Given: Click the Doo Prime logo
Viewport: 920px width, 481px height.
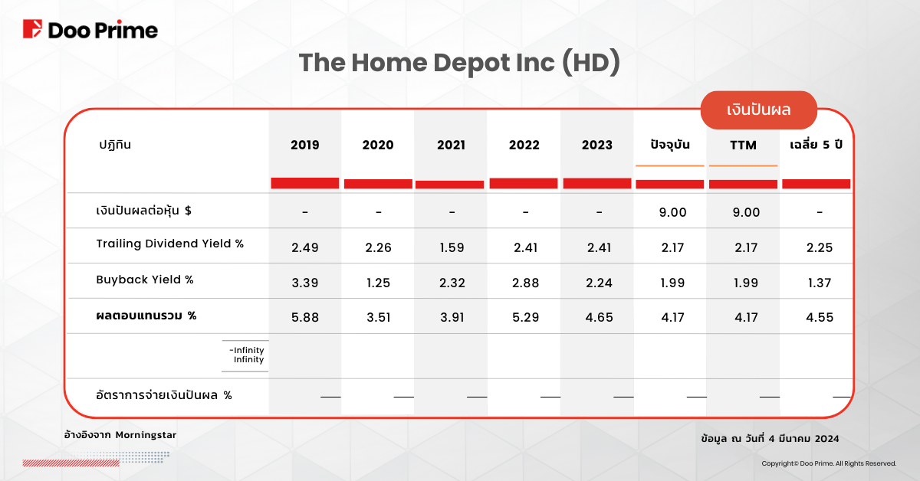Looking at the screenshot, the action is [90, 30].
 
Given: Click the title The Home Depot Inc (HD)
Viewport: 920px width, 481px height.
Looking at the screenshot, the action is [459, 63].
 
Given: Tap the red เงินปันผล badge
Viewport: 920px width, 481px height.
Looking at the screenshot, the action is [758, 110].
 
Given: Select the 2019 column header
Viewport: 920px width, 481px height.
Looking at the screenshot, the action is [305, 145].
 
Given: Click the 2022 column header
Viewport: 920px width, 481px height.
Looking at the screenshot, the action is [524, 145].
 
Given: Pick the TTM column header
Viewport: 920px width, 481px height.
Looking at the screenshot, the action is [743, 146].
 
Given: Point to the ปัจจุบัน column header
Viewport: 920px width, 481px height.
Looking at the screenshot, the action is [670, 145].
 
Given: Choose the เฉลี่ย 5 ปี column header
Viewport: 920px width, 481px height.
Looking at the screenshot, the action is [816, 145].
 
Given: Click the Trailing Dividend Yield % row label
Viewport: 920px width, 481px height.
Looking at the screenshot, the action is [170, 244].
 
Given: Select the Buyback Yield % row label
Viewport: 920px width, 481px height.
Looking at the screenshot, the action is [145, 280].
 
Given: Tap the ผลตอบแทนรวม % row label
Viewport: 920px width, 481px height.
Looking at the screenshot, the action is [146, 316].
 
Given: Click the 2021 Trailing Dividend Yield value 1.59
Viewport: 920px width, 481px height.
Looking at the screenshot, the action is [452, 247].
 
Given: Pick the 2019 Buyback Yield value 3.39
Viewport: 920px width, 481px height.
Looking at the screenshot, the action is [305, 283].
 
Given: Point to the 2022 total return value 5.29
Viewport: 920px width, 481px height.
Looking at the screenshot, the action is [525, 317].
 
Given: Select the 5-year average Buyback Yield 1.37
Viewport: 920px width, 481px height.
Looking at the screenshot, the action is [820, 283].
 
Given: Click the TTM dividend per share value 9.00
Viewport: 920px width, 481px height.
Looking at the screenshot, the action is [746, 212].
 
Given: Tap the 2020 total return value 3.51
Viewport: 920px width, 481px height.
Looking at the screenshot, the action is [378, 317].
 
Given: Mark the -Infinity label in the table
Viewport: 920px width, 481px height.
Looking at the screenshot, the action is [246, 350].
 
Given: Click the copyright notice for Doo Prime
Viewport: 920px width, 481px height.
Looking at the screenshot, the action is [829, 463].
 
